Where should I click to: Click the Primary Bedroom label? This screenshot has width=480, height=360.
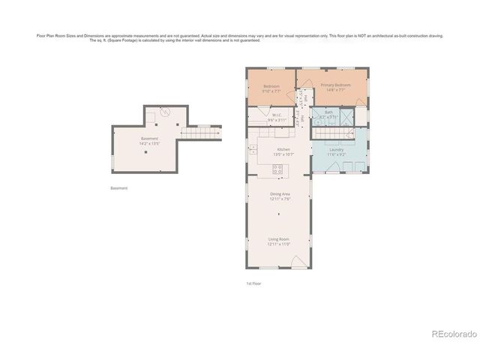tap(336, 85)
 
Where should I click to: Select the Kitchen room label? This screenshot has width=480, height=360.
tap(283, 149)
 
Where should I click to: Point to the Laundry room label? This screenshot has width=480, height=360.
tap(336, 149)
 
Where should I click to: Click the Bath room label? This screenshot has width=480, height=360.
tap(328, 112)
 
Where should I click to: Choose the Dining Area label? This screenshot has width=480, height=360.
tap(280, 194)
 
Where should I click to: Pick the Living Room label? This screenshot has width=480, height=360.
tap(279, 239)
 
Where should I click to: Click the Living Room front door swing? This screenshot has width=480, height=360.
tap(298, 262)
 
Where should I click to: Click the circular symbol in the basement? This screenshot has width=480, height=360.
tap(164, 112)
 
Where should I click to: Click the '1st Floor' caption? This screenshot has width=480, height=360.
tap(253, 283)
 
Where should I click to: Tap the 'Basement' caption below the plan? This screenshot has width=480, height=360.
tap(119, 188)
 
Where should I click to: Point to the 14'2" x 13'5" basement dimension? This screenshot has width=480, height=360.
tap(149, 143)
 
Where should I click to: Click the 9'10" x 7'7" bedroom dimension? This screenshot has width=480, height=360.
tap(271, 91)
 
